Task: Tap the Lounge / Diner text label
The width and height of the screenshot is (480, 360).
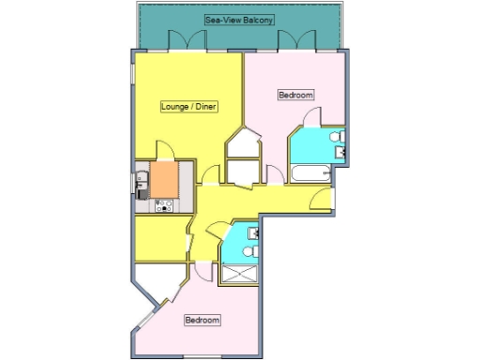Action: click(x=189, y=106)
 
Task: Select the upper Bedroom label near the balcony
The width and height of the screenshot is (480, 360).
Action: click(x=296, y=95)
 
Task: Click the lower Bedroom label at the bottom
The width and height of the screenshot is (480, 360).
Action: click(x=202, y=321)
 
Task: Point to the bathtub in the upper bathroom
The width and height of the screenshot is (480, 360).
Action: click(x=310, y=174)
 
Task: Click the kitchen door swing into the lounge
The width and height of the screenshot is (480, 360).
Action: click(x=163, y=150)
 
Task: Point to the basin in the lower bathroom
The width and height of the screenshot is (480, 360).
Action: click(x=253, y=232)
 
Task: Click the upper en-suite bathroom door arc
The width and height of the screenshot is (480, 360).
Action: click(x=313, y=117)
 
